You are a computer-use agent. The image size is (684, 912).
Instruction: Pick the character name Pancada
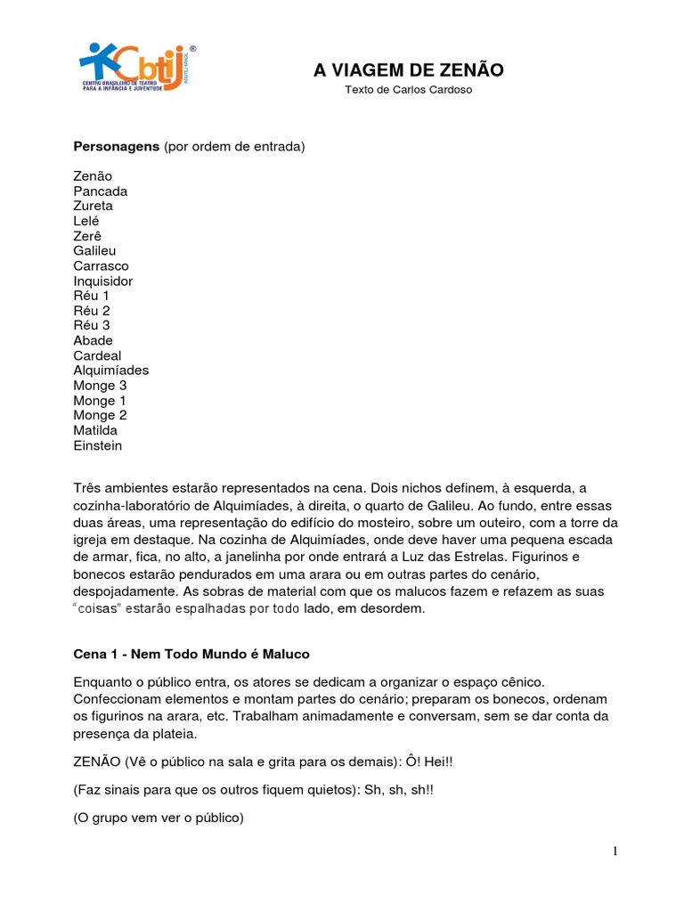pos(101,191)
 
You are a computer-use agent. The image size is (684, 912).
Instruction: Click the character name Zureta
pos(94,206)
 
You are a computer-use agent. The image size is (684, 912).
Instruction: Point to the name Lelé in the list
pos(86,221)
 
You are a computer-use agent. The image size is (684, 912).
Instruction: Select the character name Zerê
pos(88,236)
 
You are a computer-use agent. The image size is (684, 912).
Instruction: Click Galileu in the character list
pos(95,251)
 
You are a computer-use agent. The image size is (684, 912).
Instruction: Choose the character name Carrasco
pos(101,266)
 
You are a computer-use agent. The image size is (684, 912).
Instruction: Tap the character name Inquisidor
pos(103,281)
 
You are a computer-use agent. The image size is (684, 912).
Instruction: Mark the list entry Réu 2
pos(92,311)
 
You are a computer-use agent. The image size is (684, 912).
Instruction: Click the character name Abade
pos(94,340)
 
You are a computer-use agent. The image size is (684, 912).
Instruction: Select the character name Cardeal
pos(97,355)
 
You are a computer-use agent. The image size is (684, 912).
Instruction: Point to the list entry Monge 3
pos(100,386)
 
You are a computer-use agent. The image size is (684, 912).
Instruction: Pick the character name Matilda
pos(95,430)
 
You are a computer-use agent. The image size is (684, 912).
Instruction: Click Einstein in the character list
pos(98,445)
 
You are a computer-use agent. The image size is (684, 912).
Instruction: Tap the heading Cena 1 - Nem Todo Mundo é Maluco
pos(191,654)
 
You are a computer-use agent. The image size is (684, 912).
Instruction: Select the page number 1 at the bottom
pos(615,851)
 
